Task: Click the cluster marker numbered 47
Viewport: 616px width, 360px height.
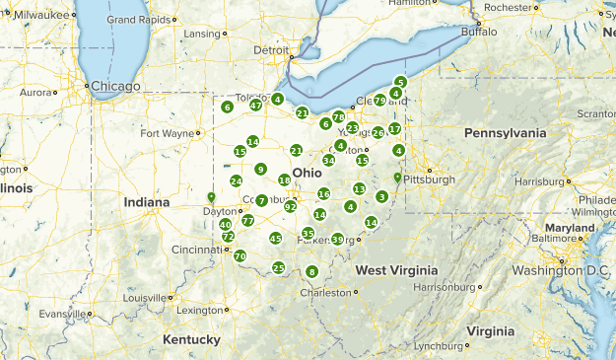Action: tap(255, 106)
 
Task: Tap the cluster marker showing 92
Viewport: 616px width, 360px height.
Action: tap(291, 206)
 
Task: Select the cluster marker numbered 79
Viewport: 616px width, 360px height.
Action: tap(380, 101)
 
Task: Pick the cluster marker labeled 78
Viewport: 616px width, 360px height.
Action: tap(338, 117)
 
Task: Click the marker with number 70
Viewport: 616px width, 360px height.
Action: tap(240, 256)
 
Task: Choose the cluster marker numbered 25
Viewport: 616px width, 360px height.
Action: tap(279, 267)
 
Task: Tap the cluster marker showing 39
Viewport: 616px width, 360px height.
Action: tap(338, 239)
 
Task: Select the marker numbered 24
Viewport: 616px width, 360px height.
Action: tap(237, 180)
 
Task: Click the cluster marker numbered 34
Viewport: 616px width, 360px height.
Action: tap(329, 160)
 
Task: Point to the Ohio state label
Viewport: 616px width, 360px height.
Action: tap(307, 172)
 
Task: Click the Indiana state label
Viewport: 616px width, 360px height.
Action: tap(146, 202)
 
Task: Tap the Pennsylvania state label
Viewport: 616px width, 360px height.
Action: tap(505, 133)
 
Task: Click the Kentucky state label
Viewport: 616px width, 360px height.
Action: tap(191, 339)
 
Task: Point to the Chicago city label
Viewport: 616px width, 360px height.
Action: tap(116, 86)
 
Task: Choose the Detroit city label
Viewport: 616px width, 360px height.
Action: tap(273, 50)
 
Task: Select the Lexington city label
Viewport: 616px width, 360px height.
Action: tap(200, 310)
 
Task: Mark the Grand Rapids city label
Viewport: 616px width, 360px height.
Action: tap(135, 19)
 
